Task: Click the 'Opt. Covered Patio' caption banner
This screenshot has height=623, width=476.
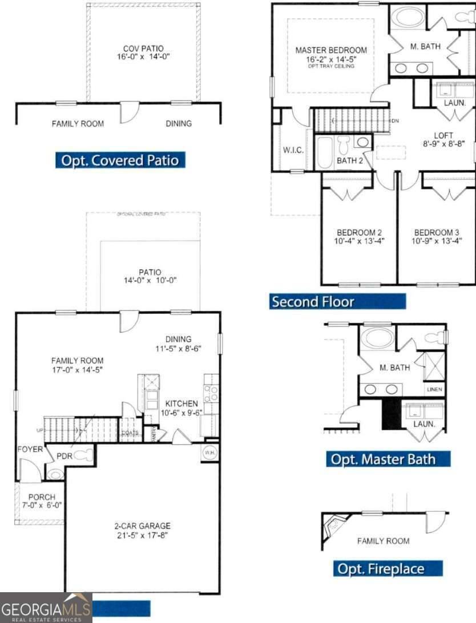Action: pos(120,160)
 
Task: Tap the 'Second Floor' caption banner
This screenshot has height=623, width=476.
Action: pos(337,301)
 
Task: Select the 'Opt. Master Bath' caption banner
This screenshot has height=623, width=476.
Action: pos(389,459)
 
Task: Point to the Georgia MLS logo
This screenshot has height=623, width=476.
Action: pos(46,608)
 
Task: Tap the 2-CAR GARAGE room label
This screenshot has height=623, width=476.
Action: pos(143,526)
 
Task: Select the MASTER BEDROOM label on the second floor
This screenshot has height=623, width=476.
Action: pos(331,50)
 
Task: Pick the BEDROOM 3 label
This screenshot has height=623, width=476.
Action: pos(437,232)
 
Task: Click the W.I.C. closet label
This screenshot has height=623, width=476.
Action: pos(293,150)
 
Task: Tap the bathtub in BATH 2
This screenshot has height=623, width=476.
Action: pos(325,152)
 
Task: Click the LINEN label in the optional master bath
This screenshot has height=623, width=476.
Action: pos(434,390)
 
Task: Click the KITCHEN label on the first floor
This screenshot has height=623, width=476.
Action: pos(181,403)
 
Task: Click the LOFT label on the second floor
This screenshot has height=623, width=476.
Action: pos(443,136)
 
